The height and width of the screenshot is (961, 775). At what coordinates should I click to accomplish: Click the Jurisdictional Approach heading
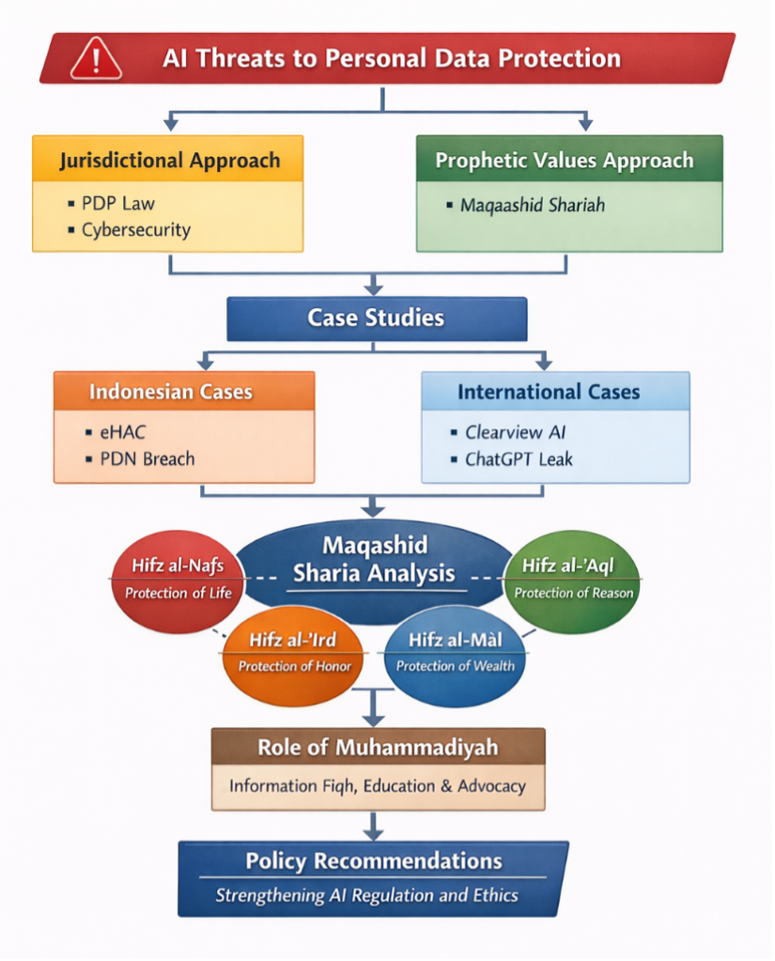click(169, 160)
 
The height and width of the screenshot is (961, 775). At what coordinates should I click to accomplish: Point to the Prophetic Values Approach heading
click(564, 160)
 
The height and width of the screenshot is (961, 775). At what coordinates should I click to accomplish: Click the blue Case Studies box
click(376, 318)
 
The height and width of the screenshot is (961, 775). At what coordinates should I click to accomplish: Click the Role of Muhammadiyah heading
click(378, 748)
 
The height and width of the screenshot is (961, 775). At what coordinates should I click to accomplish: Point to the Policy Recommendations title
click(373, 860)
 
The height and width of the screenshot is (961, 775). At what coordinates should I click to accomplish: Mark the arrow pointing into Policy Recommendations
click(374, 827)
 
